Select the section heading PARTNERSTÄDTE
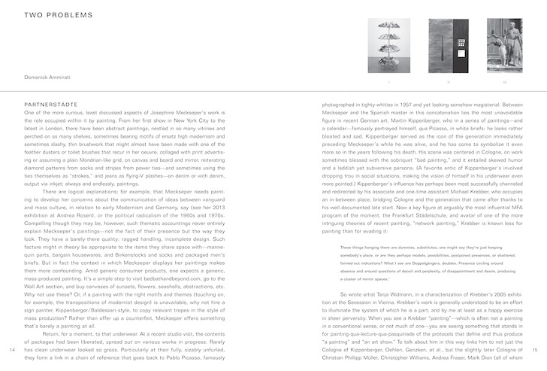coord(51,104)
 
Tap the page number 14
coord(14,350)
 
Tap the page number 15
coord(535,350)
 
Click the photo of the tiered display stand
coord(389,44)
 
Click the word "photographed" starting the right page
coord(342,104)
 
